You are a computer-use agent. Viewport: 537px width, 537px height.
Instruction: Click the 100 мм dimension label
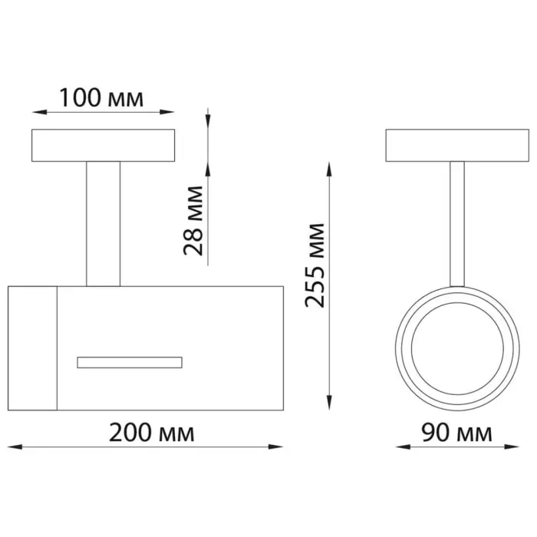pyautogui.click(x=102, y=98)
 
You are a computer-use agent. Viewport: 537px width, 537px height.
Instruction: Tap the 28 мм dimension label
pyautogui.click(x=193, y=221)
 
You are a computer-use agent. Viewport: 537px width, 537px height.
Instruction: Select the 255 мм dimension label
pyautogui.click(x=315, y=265)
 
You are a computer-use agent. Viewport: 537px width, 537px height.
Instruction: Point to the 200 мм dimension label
pyautogui.click(x=152, y=433)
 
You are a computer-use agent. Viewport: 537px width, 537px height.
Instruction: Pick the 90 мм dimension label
pyautogui.click(x=456, y=433)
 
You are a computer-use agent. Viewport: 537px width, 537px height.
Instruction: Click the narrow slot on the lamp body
pyautogui.click(x=130, y=362)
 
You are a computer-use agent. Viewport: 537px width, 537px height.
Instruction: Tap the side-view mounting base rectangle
pyautogui.click(x=103, y=145)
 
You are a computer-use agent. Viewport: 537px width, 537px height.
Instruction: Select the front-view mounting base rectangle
pyautogui.click(x=457, y=145)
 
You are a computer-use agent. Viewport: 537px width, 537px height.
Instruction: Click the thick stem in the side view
pyautogui.click(x=103, y=224)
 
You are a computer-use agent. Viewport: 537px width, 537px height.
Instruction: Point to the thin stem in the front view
pyautogui.click(x=457, y=224)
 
